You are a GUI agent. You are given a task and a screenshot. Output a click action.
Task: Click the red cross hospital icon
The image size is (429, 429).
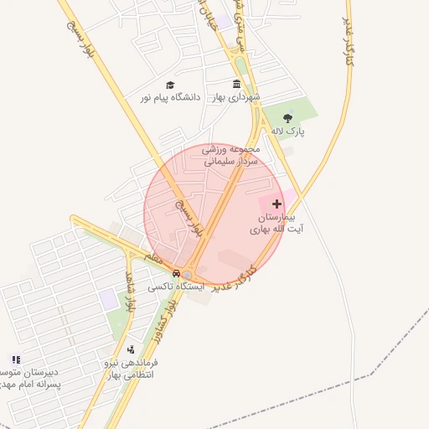tap(277, 204)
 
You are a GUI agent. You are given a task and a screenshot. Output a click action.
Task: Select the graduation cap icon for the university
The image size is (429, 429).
tap(170, 85)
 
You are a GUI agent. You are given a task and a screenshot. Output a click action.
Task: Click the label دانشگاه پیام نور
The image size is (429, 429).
tap(170, 98)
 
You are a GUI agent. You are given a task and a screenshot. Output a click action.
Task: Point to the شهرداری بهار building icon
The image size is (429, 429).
tap(237, 85)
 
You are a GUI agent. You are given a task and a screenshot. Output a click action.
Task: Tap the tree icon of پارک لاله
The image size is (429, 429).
tap(288, 118)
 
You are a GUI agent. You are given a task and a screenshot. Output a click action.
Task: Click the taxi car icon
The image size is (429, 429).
tap(176, 273)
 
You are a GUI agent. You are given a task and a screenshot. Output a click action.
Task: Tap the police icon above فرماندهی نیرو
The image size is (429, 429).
tap(130, 349)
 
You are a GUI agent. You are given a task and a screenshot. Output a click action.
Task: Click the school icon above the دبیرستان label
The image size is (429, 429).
tap(16, 359)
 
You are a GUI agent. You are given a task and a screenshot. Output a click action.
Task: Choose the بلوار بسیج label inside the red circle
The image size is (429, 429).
tap(189, 216)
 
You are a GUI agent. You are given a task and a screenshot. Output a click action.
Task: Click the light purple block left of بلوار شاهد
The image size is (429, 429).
tap(108, 297)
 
